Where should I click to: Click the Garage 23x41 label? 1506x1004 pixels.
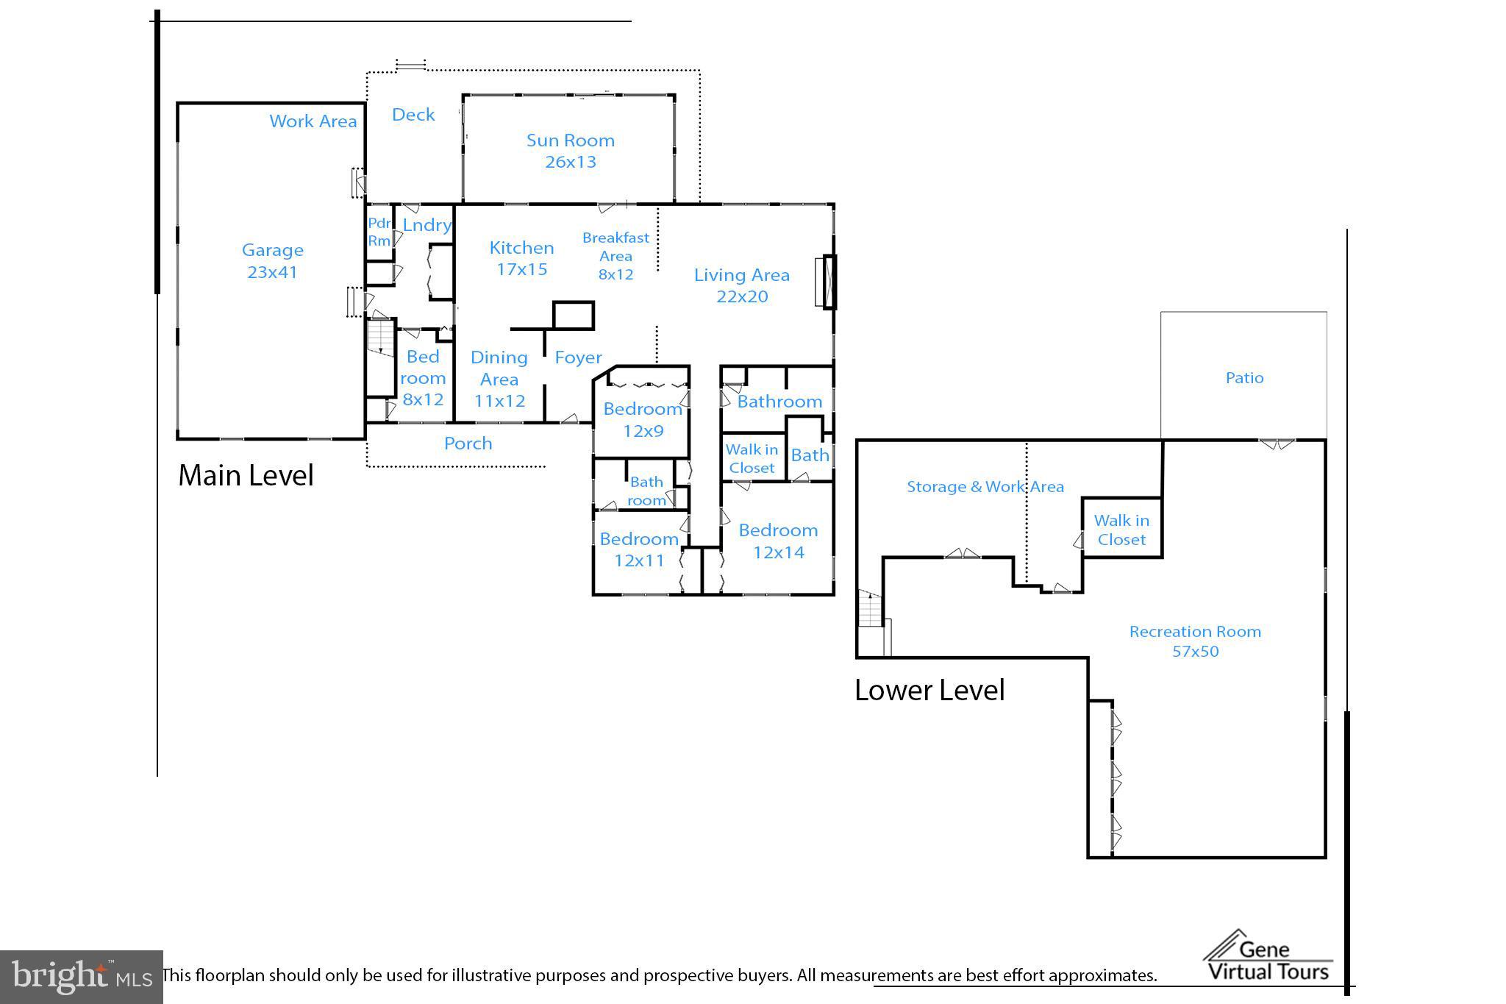coord(272,261)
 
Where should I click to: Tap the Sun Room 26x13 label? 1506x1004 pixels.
coord(571,151)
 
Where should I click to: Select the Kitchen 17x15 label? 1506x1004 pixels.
coord(521,258)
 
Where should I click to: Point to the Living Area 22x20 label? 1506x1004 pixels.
coord(742,285)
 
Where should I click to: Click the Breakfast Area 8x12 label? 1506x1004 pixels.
coord(615,256)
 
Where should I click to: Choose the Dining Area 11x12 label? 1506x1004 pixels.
coord(499,379)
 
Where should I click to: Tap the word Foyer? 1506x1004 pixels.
coord(578,357)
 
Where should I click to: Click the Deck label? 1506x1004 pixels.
coord(413,115)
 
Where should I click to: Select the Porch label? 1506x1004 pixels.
coord(468,444)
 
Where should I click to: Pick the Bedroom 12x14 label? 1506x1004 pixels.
coord(778,541)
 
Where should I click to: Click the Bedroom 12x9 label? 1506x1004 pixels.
coord(643,420)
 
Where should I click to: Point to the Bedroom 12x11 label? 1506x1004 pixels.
coord(639,549)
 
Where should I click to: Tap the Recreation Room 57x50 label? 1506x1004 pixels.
coord(1195,641)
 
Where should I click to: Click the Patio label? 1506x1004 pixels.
coord(1244,378)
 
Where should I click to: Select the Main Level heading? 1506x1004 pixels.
coord(246,476)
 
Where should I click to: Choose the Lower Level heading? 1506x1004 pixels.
coord(929,691)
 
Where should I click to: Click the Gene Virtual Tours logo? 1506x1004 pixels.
coord(1268,956)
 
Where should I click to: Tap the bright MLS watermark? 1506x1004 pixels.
coord(82,977)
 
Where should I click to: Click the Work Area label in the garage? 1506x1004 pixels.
coord(313,121)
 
